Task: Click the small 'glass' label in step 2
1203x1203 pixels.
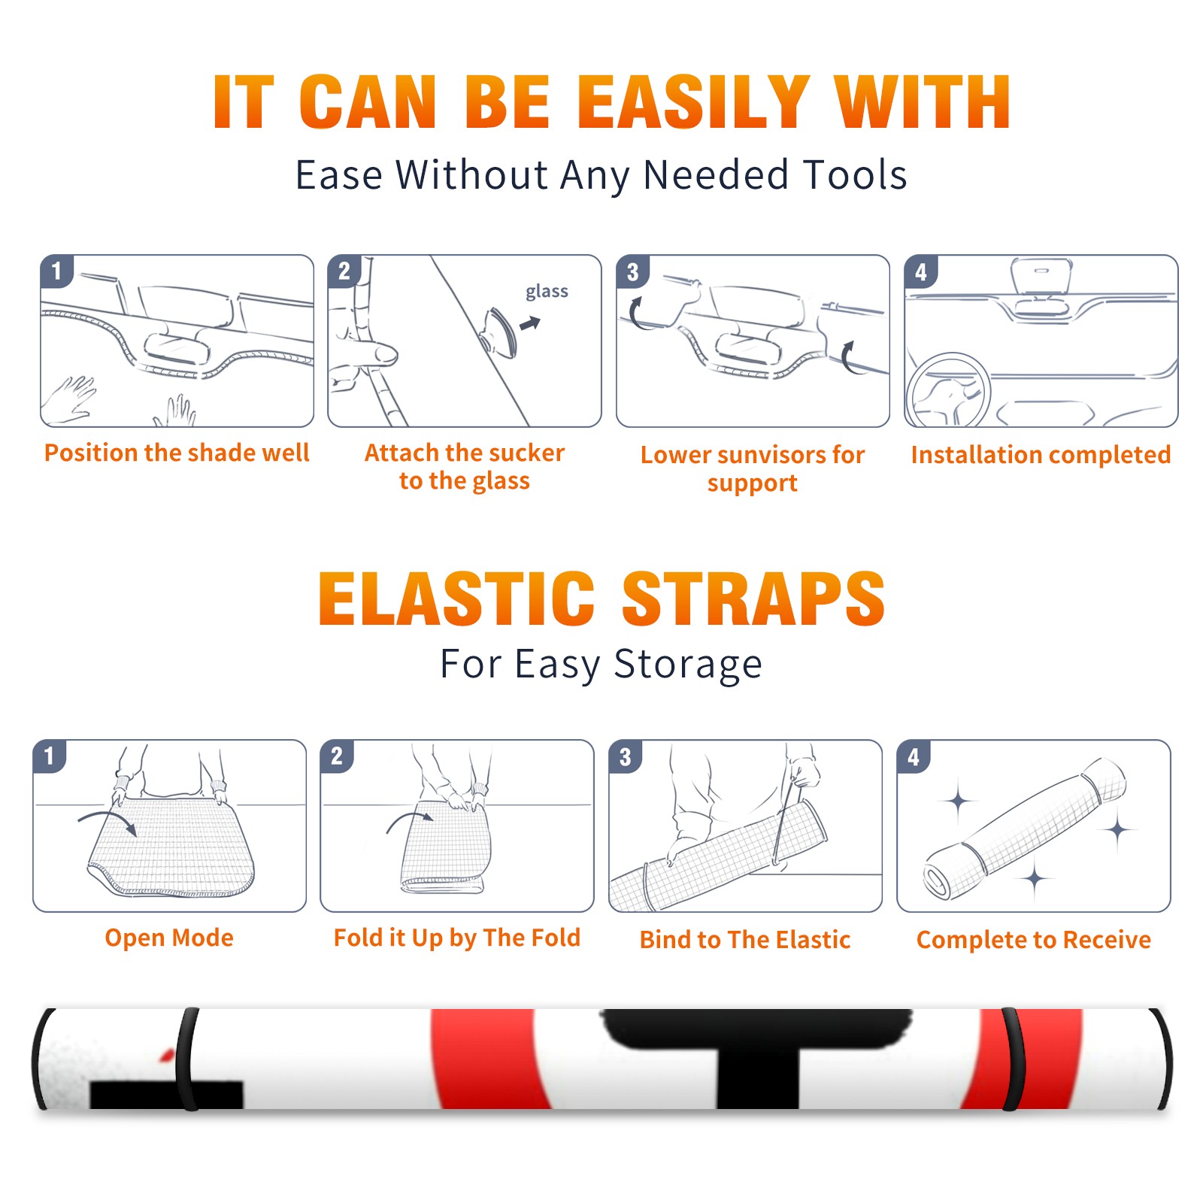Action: pos(547,292)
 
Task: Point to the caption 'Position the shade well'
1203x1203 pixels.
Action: pos(177,453)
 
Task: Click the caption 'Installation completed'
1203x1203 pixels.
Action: pos(1041,455)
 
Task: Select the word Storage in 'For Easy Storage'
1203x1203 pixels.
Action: pos(688,665)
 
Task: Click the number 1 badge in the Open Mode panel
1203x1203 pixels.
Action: pos(50,756)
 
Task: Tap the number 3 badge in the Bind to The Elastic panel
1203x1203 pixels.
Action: pos(626,756)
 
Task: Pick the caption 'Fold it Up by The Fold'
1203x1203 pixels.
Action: pos(457,938)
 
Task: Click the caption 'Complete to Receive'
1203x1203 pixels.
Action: pos(1034,940)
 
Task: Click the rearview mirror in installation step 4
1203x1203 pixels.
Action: pos(1041,277)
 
